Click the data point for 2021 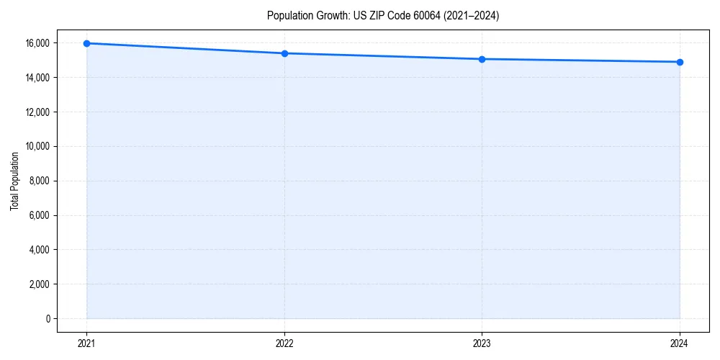[x=86, y=43]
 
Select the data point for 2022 [x=284, y=53]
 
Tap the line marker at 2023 [x=482, y=59]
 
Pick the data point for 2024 [x=680, y=62]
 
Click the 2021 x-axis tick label [x=86, y=343]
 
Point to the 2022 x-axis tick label [x=284, y=343]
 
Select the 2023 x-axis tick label [x=482, y=343]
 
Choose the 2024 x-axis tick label [x=680, y=343]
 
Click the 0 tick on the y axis [x=48, y=319]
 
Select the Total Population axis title [x=14, y=181]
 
